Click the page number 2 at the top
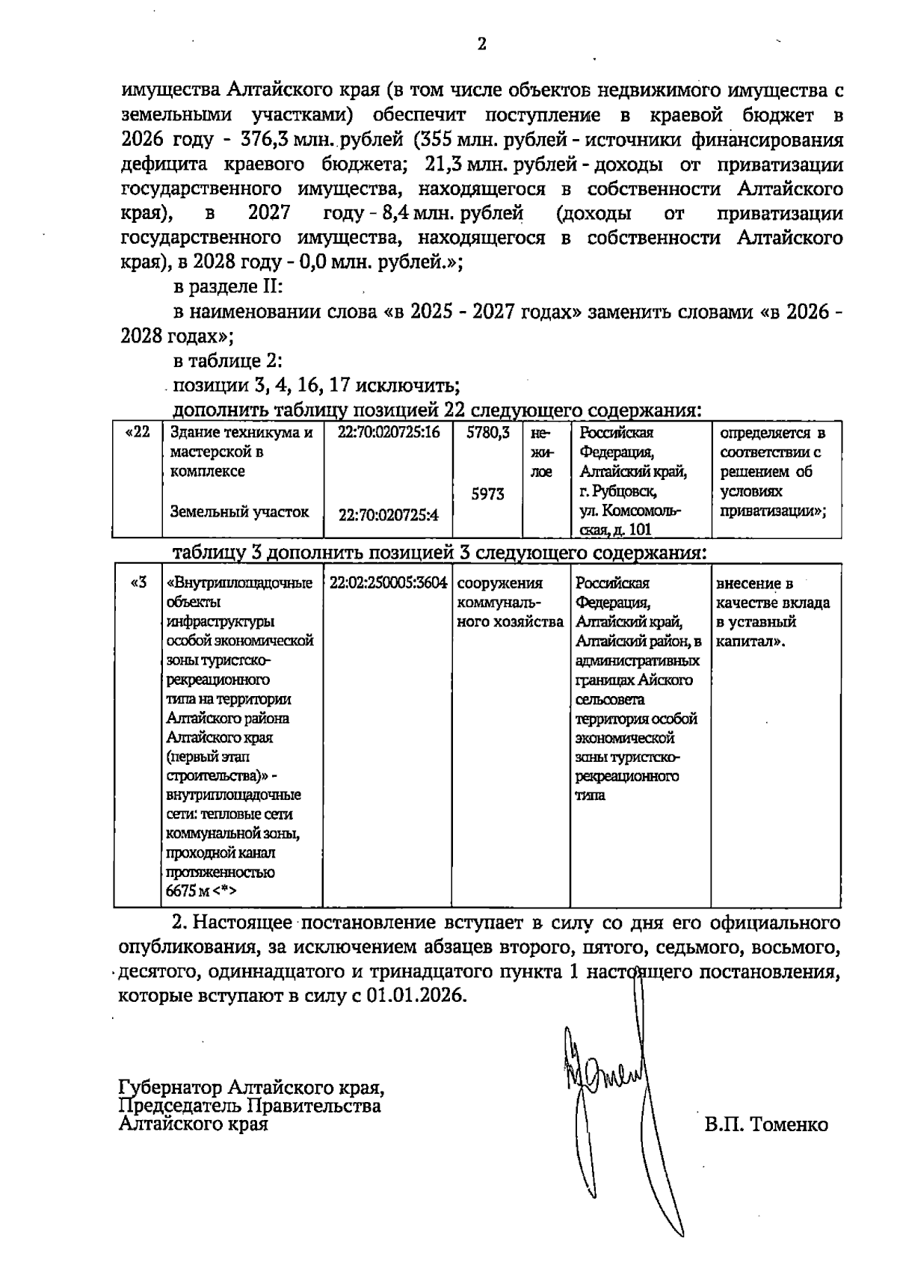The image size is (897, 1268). point(481,44)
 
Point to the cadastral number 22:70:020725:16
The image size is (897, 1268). point(389,433)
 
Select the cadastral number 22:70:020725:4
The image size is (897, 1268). point(389,514)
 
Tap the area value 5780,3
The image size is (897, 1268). point(487,433)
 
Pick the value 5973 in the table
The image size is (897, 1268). point(487,494)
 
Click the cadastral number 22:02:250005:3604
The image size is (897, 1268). point(388,583)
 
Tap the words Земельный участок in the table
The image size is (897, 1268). point(239,512)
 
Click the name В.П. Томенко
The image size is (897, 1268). point(765,1125)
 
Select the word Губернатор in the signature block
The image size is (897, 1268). point(171,1085)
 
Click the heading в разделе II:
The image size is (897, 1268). point(227,287)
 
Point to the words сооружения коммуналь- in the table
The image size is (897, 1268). point(500,593)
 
